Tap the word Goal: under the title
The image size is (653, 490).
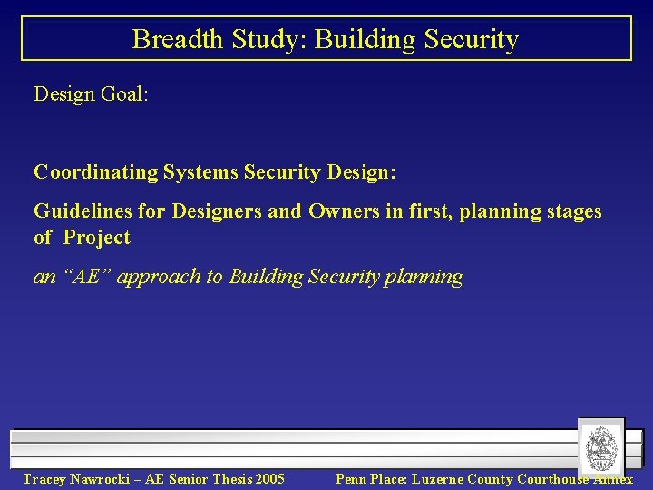tap(126, 93)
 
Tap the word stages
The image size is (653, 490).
tap(572, 211)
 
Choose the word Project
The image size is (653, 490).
tap(96, 238)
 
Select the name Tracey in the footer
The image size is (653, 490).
tap(44, 479)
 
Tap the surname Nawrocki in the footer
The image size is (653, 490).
tap(104, 479)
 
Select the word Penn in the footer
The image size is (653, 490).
tap(351, 479)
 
